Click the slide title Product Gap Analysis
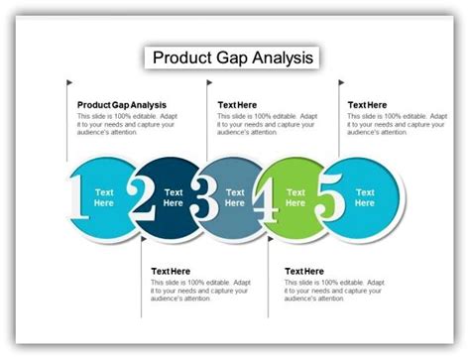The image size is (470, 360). [x=234, y=58]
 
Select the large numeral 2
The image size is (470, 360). [x=143, y=196]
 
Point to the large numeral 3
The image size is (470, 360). [x=205, y=196]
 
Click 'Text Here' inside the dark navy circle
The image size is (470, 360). [x=174, y=196]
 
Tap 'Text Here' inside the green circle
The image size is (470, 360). [x=295, y=196]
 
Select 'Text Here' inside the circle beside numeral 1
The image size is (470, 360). [x=104, y=196]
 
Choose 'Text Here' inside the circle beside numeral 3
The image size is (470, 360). [x=235, y=196]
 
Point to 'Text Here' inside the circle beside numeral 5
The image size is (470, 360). [x=365, y=196]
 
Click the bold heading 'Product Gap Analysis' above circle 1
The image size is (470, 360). [x=122, y=104]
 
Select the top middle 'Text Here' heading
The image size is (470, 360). [x=238, y=104]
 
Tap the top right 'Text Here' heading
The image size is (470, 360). [x=368, y=104]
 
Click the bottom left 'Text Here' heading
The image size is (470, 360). [x=171, y=271]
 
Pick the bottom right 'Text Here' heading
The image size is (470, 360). [x=304, y=271]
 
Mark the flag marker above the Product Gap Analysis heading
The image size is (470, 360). [x=70, y=82]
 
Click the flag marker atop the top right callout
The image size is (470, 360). [x=342, y=82]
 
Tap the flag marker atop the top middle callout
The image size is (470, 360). [x=210, y=82]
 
